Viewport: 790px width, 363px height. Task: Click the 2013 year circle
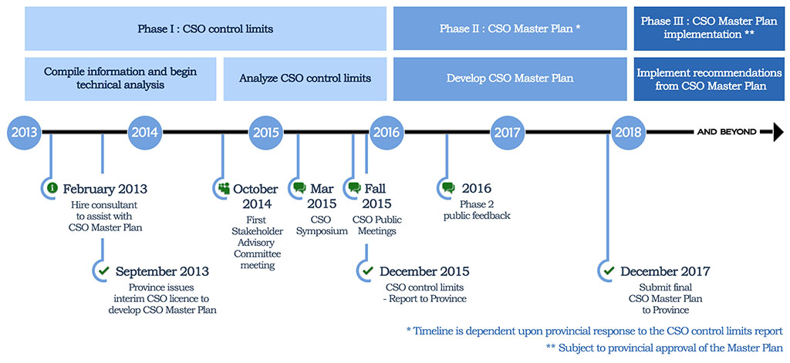tap(25, 133)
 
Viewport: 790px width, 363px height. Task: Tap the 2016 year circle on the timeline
tap(387, 133)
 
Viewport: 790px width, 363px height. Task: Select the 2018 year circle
tap(628, 133)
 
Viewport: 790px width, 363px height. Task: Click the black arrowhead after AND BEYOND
tap(778, 133)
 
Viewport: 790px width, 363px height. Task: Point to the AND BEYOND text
tap(727, 133)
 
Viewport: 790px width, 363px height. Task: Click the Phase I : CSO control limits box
tap(205, 29)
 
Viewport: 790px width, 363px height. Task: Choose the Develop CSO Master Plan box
tap(510, 79)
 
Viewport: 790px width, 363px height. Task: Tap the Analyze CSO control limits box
tap(305, 79)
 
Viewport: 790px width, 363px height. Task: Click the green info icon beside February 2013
tap(52, 188)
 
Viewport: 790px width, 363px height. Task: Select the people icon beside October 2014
tap(224, 188)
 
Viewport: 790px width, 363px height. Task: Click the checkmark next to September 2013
tap(104, 271)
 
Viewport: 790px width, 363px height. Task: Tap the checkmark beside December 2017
tap(609, 271)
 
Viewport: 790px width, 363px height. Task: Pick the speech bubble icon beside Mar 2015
tap(300, 188)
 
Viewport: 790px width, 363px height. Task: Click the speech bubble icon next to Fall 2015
tap(355, 188)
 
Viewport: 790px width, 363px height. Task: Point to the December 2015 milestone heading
tap(424, 271)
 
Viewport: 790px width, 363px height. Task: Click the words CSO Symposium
tap(321, 226)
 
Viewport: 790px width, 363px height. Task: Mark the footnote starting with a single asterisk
tap(595, 331)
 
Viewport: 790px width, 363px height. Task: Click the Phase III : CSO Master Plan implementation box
tap(709, 29)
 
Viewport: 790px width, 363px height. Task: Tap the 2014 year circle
tap(145, 133)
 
